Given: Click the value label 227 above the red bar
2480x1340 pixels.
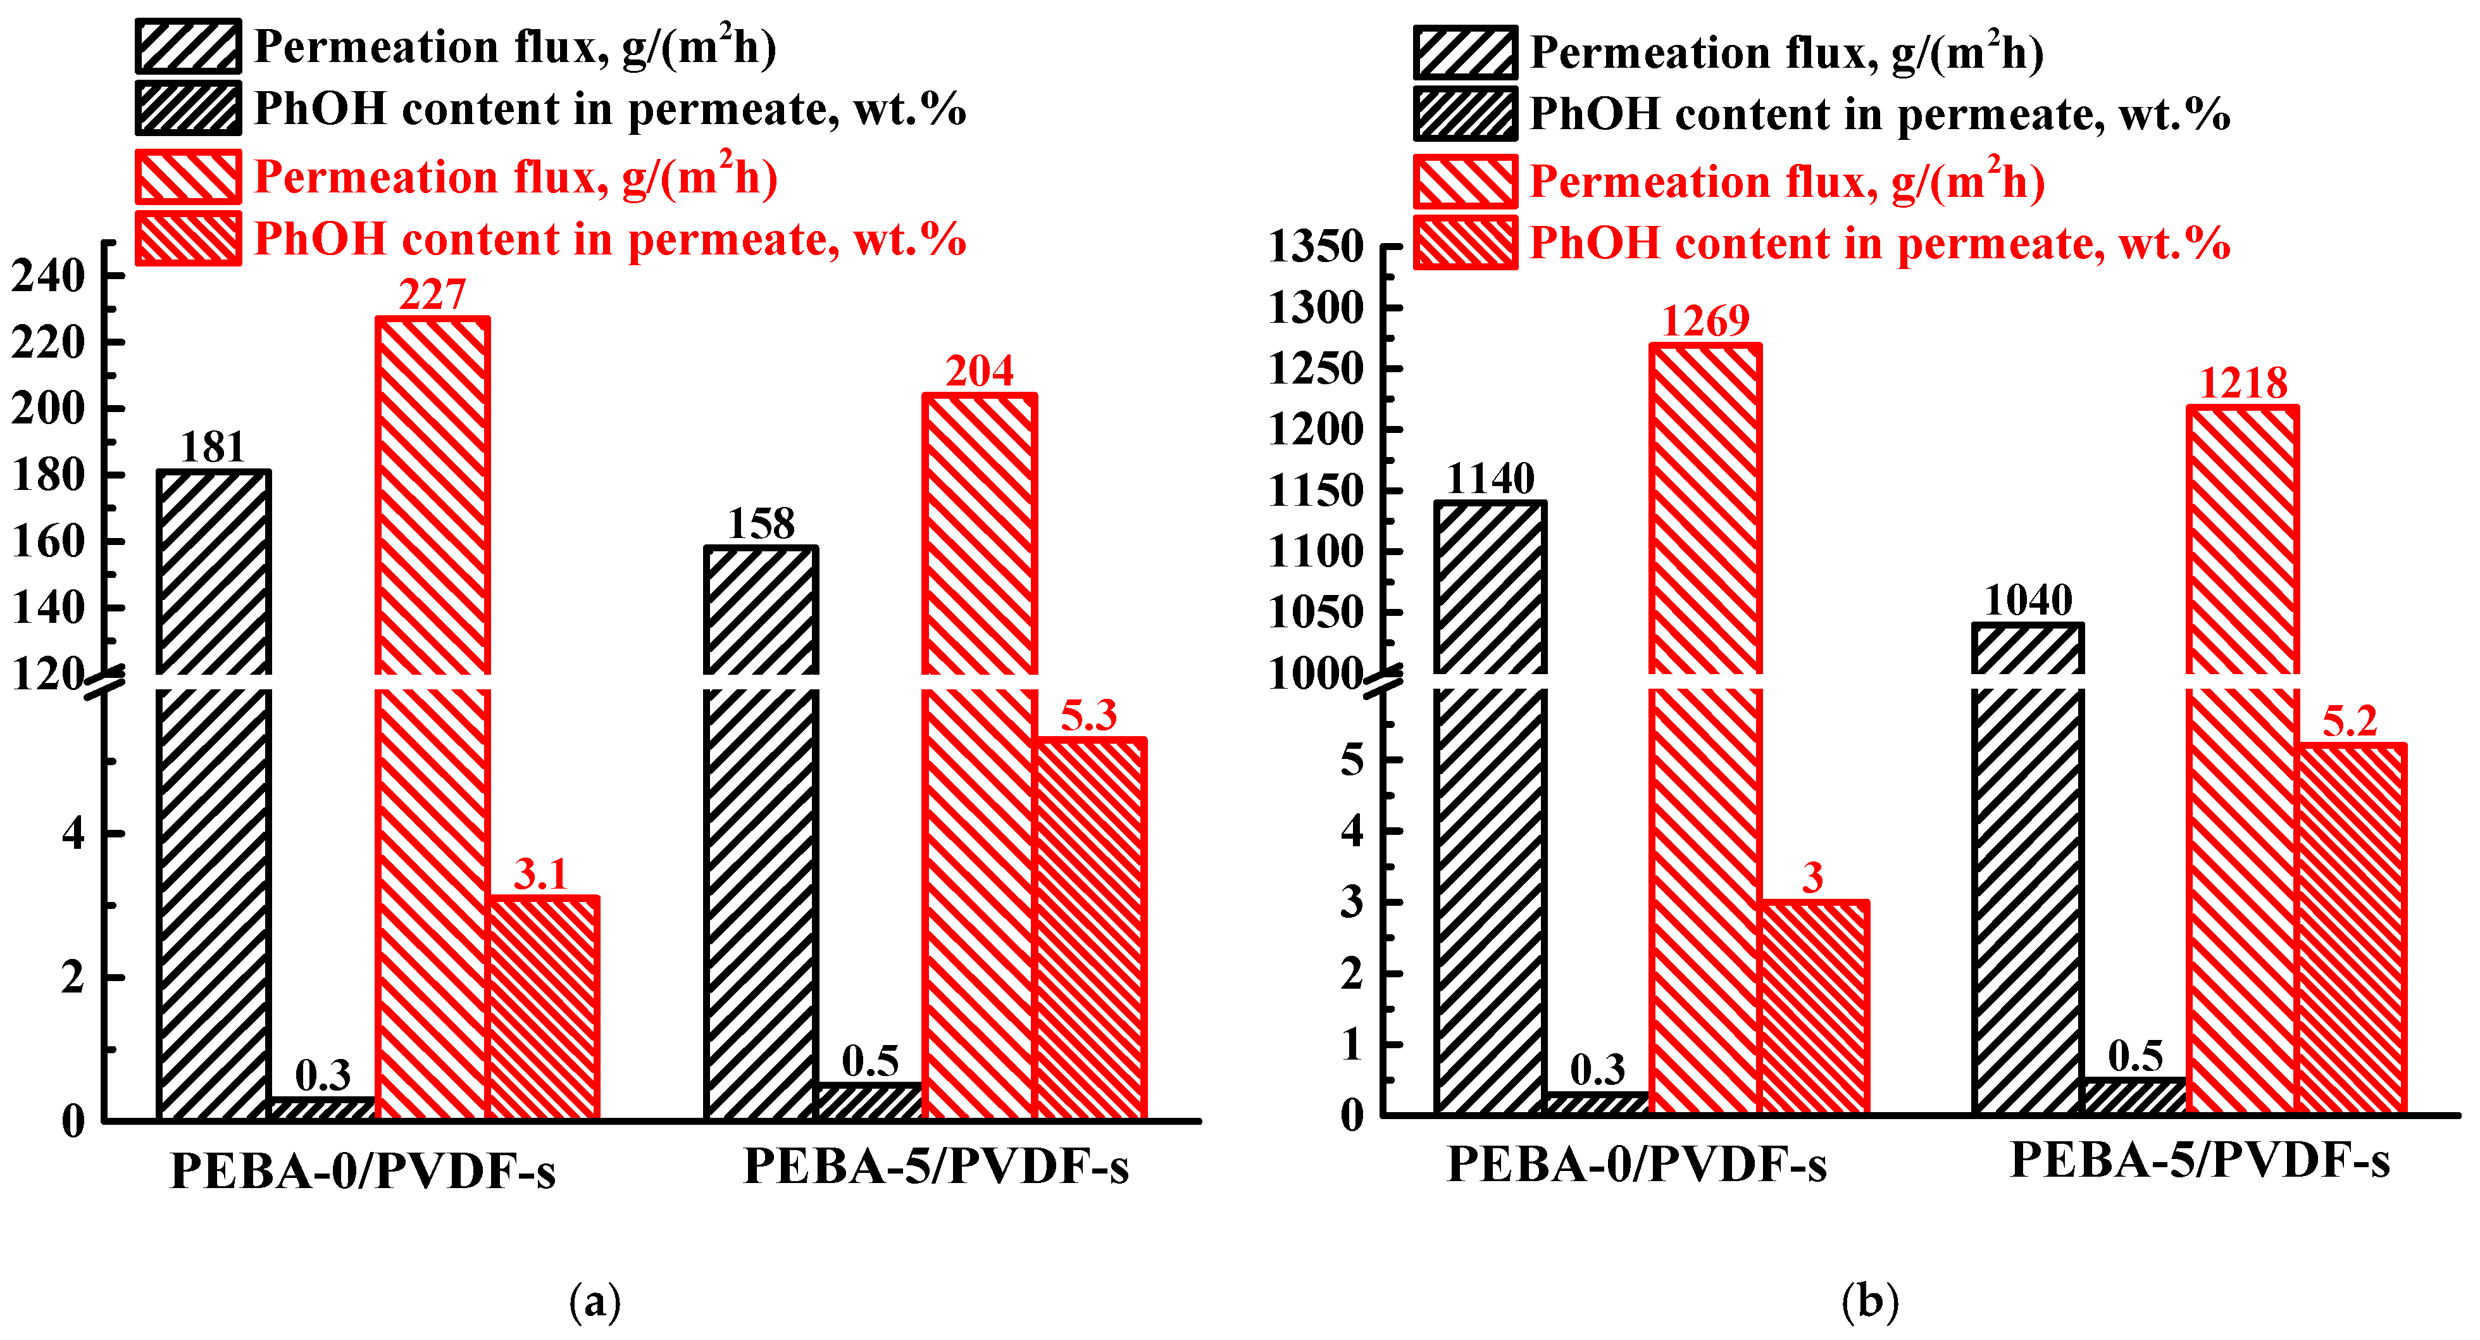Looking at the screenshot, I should pyautogui.click(x=432, y=294).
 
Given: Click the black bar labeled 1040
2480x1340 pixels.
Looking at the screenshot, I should pyautogui.click(x=2028, y=867).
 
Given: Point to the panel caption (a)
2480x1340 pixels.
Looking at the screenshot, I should pyautogui.click(x=595, y=1301).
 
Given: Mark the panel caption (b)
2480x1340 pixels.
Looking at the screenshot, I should pyautogui.click(x=1869, y=1301).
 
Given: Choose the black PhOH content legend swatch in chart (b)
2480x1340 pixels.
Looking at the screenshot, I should pyautogui.click(x=1465, y=113).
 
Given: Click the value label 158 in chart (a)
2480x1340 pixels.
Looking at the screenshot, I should pyautogui.click(x=761, y=523).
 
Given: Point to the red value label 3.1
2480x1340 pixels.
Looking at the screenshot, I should pyautogui.click(x=541, y=874).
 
